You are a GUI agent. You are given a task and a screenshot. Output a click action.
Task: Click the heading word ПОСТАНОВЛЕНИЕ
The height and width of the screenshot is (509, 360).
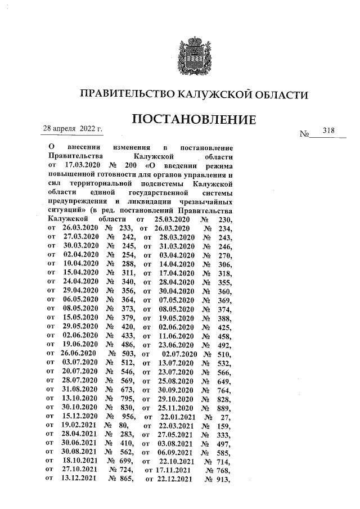(195, 120)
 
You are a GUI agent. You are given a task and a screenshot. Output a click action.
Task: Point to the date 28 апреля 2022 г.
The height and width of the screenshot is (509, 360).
(73, 129)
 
